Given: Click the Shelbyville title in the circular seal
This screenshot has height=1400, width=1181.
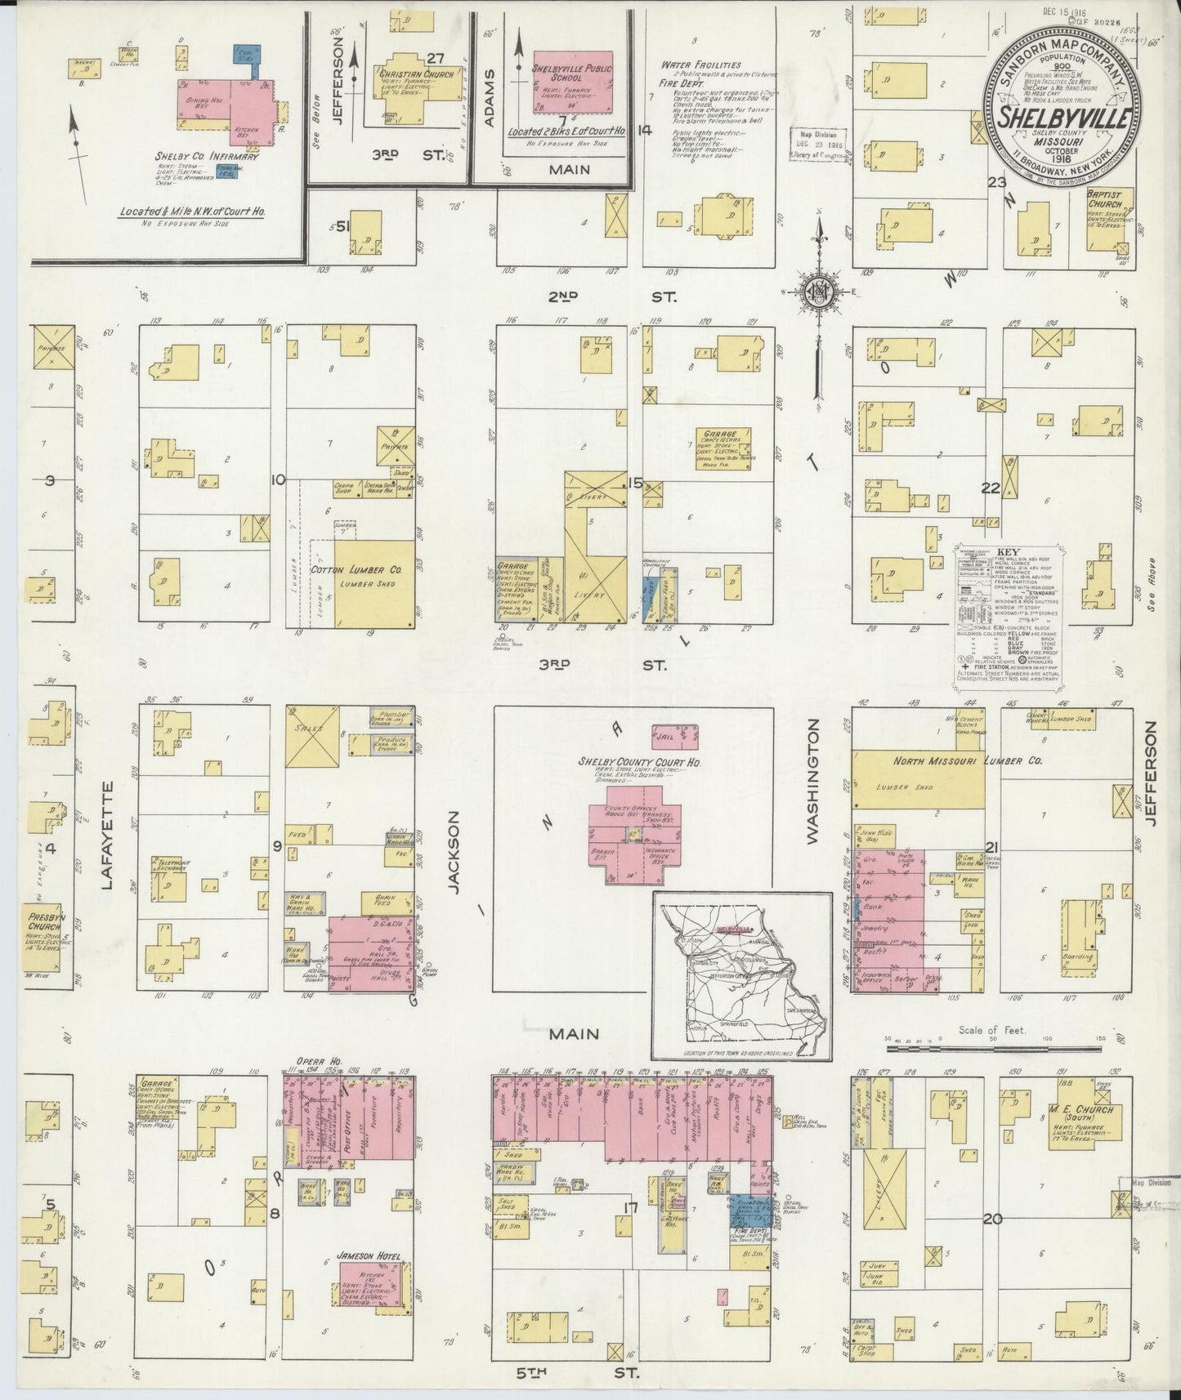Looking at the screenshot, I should pos(1064,116).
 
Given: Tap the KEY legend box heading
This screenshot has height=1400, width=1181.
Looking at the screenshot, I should pos(1004,553).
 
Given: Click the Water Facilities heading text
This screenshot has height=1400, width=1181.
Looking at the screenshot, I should pos(700,65).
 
